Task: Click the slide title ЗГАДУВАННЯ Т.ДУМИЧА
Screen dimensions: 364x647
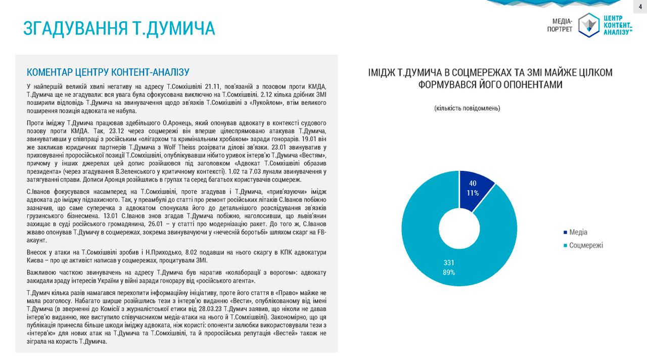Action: tap(119, 28)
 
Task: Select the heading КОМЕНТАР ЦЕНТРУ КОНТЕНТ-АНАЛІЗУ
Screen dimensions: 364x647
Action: tap(108, 71)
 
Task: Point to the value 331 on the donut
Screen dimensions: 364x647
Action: tap(449, 263)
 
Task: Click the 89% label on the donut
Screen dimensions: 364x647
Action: tap(449, 272)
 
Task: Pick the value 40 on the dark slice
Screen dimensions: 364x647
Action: tap(473, 183)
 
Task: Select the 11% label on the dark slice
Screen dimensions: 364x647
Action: tap(473, 193)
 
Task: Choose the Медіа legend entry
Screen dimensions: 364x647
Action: tap(578, 232)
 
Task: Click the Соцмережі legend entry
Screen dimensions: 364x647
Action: tap(585, 245)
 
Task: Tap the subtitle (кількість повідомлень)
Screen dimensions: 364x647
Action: tap(467, 108)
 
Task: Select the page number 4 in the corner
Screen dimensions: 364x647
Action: tap(640, 5)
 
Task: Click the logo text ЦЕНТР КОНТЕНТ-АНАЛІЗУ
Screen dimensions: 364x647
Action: tap(617, 25)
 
